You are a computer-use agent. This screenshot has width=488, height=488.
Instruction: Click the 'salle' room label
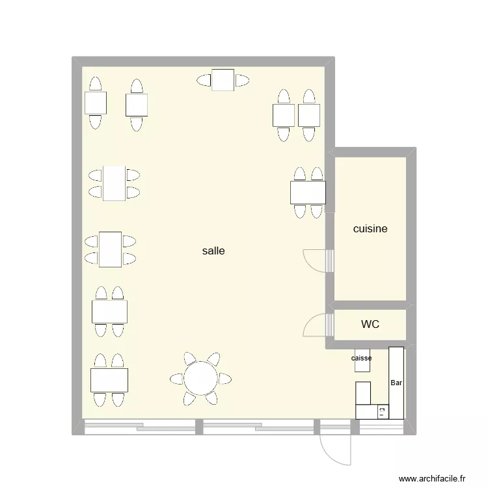213,251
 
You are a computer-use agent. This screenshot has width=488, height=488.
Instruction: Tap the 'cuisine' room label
370,229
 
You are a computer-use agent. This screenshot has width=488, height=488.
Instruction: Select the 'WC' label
370,323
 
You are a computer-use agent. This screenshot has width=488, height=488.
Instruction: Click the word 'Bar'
396,383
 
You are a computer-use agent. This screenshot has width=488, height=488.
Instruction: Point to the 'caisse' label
362,359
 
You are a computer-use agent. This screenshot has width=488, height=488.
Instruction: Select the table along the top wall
223,80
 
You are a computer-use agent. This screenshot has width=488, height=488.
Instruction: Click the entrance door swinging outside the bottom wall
336,449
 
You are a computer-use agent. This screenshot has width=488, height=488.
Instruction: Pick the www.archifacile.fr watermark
432,478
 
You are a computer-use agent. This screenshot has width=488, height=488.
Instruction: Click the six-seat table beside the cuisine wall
308,193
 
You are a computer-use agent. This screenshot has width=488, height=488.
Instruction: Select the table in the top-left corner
96,103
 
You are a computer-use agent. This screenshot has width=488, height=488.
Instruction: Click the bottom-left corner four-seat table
109,380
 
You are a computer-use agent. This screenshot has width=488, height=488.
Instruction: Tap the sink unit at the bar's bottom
382,411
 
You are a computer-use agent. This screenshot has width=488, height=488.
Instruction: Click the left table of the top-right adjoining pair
284,116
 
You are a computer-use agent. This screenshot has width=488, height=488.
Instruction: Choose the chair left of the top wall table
204,81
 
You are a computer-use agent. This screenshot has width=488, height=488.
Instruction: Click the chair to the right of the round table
224,378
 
